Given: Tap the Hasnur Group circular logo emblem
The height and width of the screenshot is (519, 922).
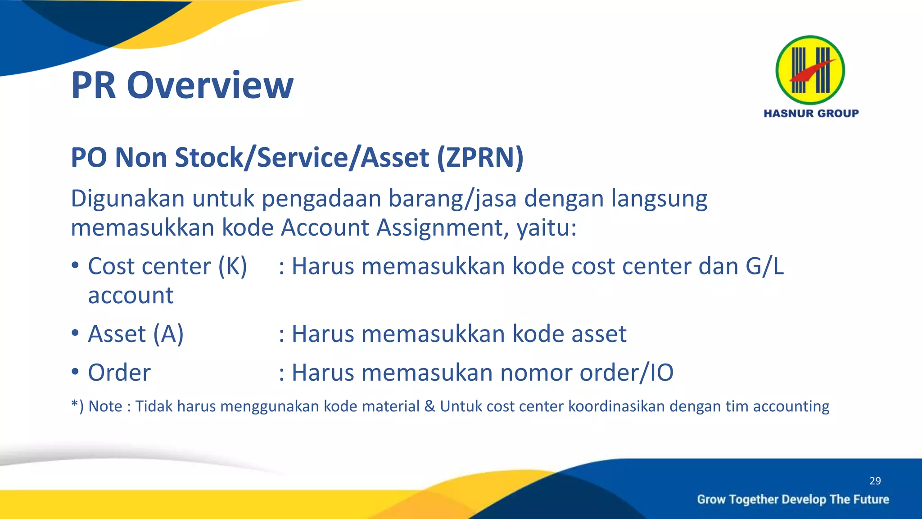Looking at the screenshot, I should point(810,70).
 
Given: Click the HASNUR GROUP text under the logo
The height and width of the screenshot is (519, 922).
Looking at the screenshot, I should point(811,114).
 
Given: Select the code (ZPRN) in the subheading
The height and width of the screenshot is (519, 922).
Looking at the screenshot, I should point(480,158).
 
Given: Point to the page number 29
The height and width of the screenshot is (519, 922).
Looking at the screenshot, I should point(875,481).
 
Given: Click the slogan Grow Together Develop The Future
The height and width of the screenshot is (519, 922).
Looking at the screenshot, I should point(793,499).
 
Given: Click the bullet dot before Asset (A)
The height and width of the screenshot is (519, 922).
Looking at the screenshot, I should point(75,333).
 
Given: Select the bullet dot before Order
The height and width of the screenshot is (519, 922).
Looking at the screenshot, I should point(75,372).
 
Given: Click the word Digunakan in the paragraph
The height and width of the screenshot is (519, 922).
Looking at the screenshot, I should point(127,199).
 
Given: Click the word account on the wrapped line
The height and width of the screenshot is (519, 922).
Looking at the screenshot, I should point(131,296).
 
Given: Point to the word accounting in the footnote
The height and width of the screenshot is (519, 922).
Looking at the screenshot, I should point(791,406).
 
